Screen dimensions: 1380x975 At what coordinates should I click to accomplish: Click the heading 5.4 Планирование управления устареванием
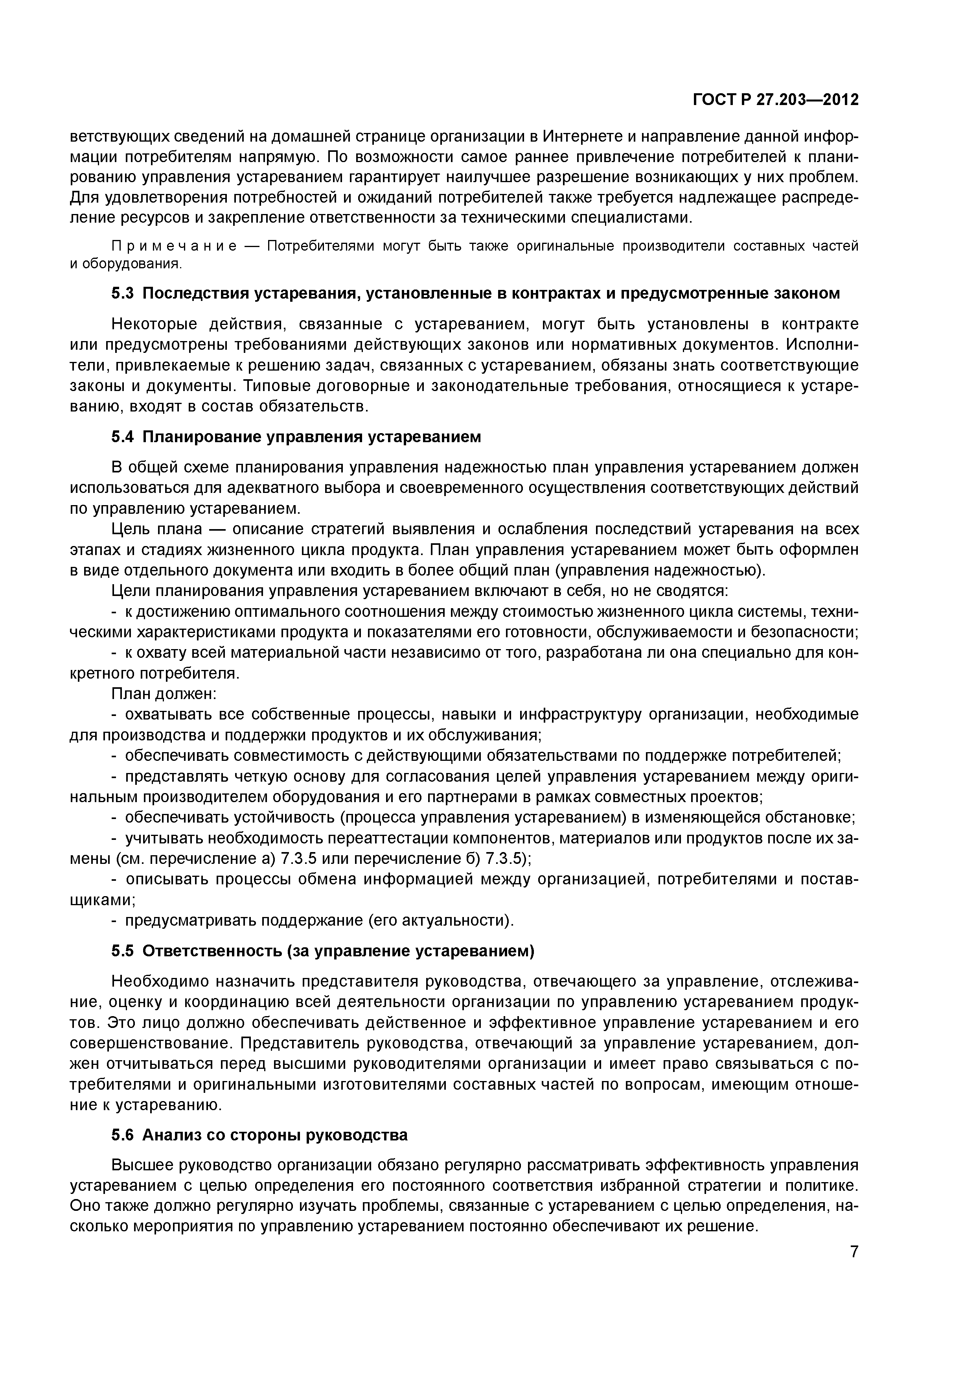click(x=296, y=437)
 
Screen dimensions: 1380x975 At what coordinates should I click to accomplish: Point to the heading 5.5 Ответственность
click(x=323, y=951)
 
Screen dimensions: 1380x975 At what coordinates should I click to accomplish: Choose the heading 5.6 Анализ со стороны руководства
click(x=259, y=1135)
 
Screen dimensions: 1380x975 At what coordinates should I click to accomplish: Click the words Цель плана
click(x=157, y=529)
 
